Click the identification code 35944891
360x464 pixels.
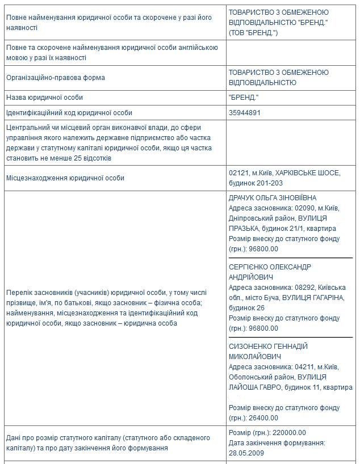(x=245, y=113)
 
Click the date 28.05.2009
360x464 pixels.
(x=246, y=453)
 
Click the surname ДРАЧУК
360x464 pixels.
(x=244, y=198)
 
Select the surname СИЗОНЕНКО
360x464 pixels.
(x=252, y=346)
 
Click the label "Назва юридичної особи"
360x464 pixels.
(x=44, y=98)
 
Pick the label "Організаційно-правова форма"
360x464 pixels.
(x=56, y=78)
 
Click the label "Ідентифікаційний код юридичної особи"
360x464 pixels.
(x=69, y=113)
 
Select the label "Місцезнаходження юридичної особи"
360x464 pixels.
(x=65, y=178)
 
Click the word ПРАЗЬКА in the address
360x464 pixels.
(x=244, y=229)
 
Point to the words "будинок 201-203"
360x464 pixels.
(x=256, y=183)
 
